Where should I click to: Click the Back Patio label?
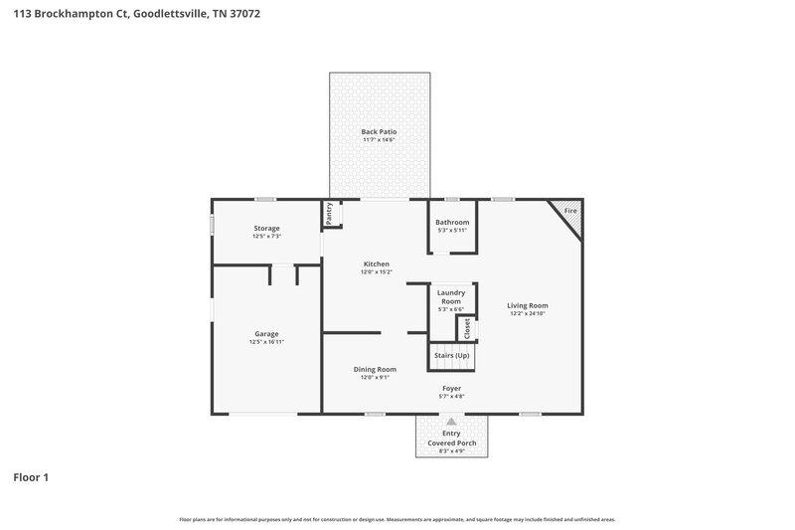click(379, 131)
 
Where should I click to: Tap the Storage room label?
click(266, 228)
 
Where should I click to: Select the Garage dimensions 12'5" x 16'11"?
click(266, 342)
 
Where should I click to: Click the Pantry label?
click(328, 213)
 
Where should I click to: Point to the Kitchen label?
click(376, 264)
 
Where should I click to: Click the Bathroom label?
click(452, 222)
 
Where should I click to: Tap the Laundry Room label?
click(452, 296)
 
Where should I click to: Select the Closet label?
click(466, 328)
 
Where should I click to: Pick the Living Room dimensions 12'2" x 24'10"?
click(528, 314)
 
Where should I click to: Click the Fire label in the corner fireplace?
click(570, 212)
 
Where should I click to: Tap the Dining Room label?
click(376, 369)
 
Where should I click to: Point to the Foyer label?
click(452, 388)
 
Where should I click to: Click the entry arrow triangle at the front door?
click(452, 422)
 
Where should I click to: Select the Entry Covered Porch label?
click(452, 439)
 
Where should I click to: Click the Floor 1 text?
click(31, 477)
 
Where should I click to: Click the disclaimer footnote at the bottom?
click(397, 519)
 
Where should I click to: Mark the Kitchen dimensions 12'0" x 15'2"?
click(376, 271)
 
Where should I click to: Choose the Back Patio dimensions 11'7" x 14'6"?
click(379, 140)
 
